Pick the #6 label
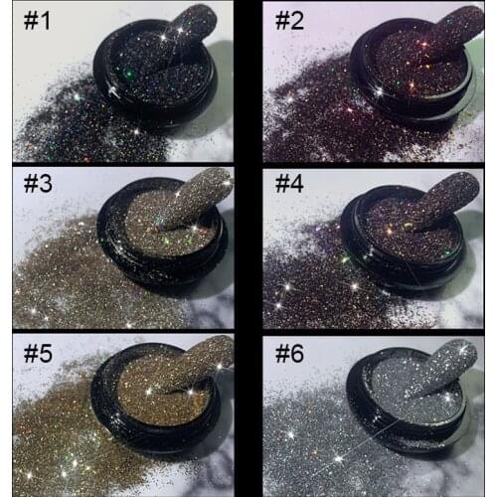coord(291,355)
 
